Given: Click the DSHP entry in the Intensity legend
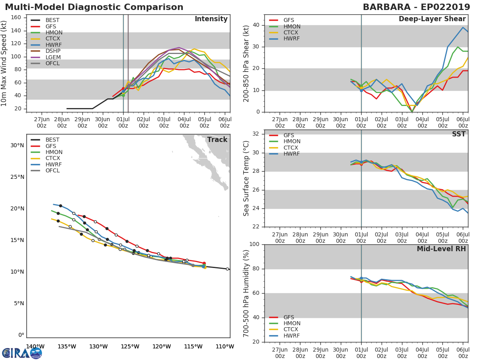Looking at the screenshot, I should pyautogui.click(x=52, y=51).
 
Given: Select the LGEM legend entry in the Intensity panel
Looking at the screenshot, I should pyautogui.click(x=53, y=57).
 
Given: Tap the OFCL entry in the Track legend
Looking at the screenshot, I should pyautogui.click(x=52, y=171).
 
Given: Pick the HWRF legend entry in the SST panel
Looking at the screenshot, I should pyautogui.click(x=292, y=154).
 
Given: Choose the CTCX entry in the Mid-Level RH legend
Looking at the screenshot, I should pyautogui.click(x=292, y=330).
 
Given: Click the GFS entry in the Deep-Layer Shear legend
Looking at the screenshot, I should pyautogui.click(x=289, y=20).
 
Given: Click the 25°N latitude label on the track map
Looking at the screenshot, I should pyautogui.click(x=17, y=177).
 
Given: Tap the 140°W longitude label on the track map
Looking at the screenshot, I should pyautogui.click(x=35, y=346).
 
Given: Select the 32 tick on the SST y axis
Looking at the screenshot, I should pyautogui.click(x=257, y=134).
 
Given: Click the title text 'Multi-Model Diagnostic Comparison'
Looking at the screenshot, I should pyautogui.click(x=94, y=7).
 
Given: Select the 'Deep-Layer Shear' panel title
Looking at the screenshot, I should pyautogui.click(x=432, y=19).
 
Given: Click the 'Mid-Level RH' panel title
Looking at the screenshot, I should pyautogui.click(x=441, y=249).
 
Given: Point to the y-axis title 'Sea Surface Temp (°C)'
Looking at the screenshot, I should pyautogui.click(x=247, y=178).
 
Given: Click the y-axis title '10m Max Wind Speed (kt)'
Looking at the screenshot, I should pyautogui.click(x=4, y=63).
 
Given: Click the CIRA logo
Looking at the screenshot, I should pyautogui.click(x=22, y=353).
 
